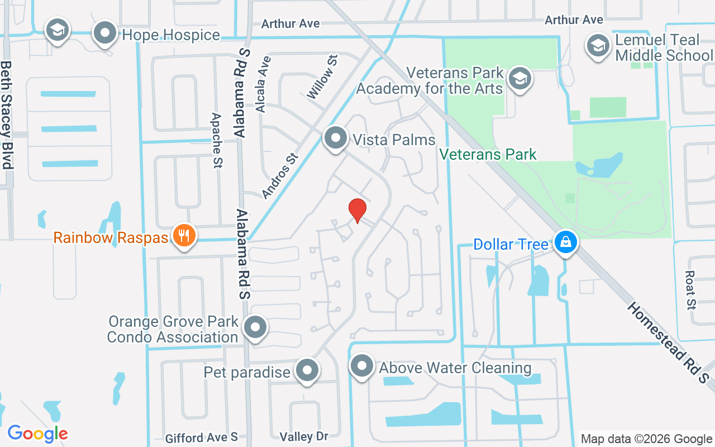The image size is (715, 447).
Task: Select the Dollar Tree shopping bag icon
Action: (566, 243)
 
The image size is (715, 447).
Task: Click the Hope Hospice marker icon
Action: (104, 34)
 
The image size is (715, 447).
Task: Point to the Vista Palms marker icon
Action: (335, 138)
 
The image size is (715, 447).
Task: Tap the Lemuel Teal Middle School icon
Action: (598, 46)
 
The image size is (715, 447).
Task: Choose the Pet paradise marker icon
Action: (306, 370)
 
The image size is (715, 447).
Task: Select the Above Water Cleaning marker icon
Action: (361, 367)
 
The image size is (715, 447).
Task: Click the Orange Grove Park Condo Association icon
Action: (256, 328)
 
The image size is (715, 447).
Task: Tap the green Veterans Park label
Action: (488, 154)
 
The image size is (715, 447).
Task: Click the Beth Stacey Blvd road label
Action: (7, 115)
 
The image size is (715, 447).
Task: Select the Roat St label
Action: (690, 291)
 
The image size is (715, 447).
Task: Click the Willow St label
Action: (322, 77)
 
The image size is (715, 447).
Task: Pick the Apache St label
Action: (216, 140)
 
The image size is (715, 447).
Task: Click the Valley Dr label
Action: (303, 436)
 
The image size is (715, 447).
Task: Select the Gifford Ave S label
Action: (202, 437)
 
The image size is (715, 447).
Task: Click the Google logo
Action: (37, 433)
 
